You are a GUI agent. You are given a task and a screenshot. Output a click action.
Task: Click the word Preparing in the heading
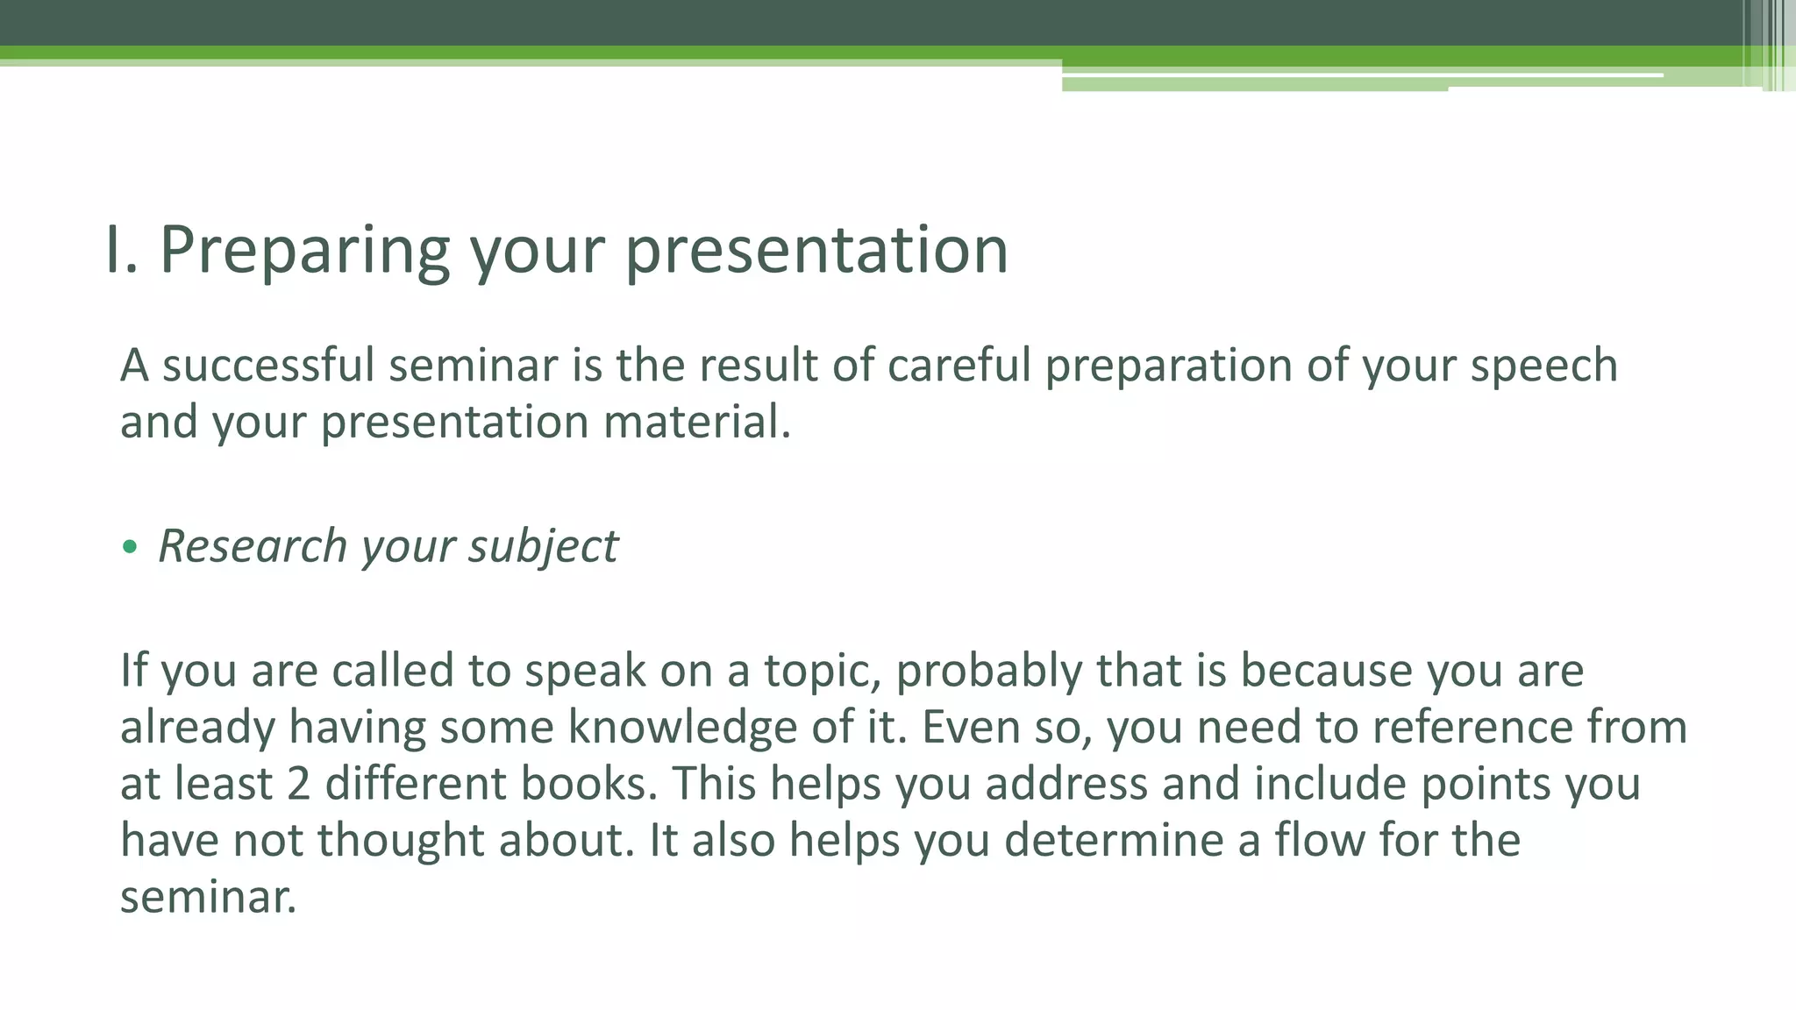304,251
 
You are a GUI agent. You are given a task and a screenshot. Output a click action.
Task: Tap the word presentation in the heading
816,251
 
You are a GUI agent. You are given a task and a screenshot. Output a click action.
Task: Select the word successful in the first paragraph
268,366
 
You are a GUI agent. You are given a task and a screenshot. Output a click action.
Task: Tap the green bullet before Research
131,548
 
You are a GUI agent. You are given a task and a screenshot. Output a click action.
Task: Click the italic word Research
253,545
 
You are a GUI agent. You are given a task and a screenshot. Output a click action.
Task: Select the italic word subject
543,547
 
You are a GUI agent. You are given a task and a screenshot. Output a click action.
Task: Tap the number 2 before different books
298,784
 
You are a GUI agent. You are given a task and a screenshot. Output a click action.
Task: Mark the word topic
822,672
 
